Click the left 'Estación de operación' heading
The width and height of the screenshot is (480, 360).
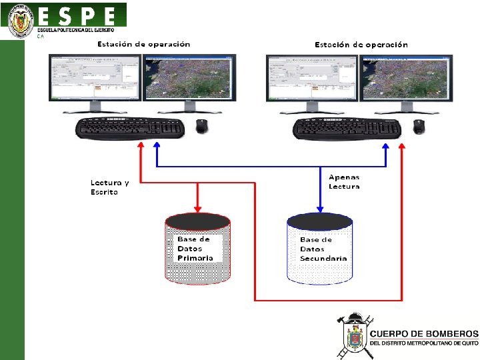(x=143, y=44)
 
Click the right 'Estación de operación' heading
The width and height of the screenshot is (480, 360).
(x=361, y=45)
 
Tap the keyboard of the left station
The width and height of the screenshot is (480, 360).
(x=130, y=128)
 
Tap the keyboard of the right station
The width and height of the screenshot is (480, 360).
(x=347, y=128)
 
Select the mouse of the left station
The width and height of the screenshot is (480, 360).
(x=201, y=126)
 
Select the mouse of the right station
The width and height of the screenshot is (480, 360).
(x=418, y=126)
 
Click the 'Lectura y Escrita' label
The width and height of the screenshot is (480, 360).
(x=109, y=187)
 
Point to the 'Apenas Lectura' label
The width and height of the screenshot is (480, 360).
(x=344, y=181)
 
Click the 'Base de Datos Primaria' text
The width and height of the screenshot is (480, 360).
(x=195, y=248)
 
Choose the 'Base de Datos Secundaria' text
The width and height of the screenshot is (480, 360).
(x=323, y=249)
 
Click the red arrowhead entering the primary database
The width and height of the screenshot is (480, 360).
(x=197, y=208)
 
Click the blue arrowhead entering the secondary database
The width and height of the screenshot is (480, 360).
(x=320, y=209)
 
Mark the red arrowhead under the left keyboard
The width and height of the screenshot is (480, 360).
(x=140, y=145)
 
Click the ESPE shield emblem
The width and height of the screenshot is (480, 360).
(x=21, y=21)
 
